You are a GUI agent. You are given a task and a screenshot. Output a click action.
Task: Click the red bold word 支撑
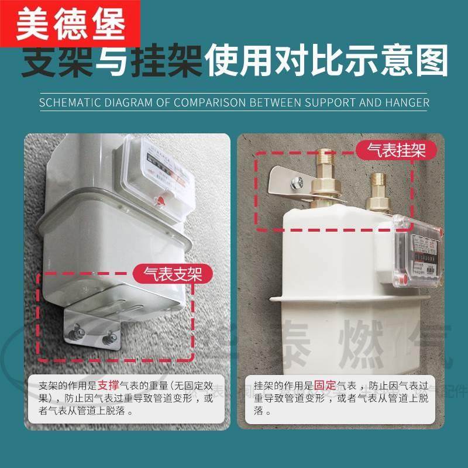(109, 386)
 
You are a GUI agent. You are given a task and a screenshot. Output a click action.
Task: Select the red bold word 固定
(325, 386)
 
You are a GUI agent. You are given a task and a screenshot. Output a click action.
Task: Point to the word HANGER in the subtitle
(407, 103)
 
